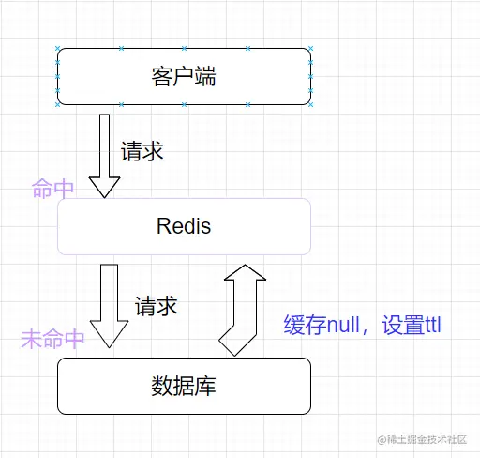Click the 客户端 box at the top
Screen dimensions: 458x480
(x=184, y=76)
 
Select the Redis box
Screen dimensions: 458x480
(x=184, y=226)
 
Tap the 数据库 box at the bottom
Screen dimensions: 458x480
(x=184, y=386)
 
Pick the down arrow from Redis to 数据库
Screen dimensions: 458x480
(x=109, y=306)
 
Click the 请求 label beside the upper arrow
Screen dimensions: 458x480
(x=142, y=152)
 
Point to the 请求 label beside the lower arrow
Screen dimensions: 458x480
(x=156, y=306)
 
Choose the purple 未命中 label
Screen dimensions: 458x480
(x=52, y=339)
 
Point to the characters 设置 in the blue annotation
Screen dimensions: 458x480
(x=397, y=326)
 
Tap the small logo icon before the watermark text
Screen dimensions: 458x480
(x=382, y=439)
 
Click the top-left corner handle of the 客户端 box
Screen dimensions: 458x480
(x=58, y=49)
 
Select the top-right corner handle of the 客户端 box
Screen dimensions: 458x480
(x=309, y=49)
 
